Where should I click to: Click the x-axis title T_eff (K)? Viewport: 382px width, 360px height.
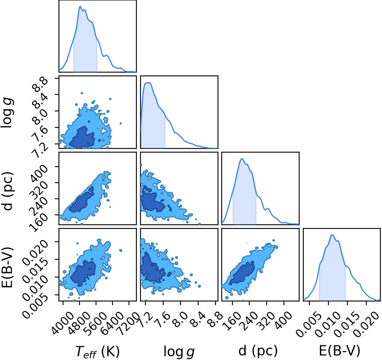[x=97, y=352]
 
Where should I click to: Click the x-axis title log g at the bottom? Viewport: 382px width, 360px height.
[x=179, y=352]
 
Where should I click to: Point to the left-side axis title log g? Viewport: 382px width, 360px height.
[x=7, y=113]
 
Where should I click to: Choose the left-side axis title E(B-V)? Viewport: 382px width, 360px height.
[x=7, y=267]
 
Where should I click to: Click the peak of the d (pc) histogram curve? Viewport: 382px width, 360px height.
[x=242, y=159]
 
